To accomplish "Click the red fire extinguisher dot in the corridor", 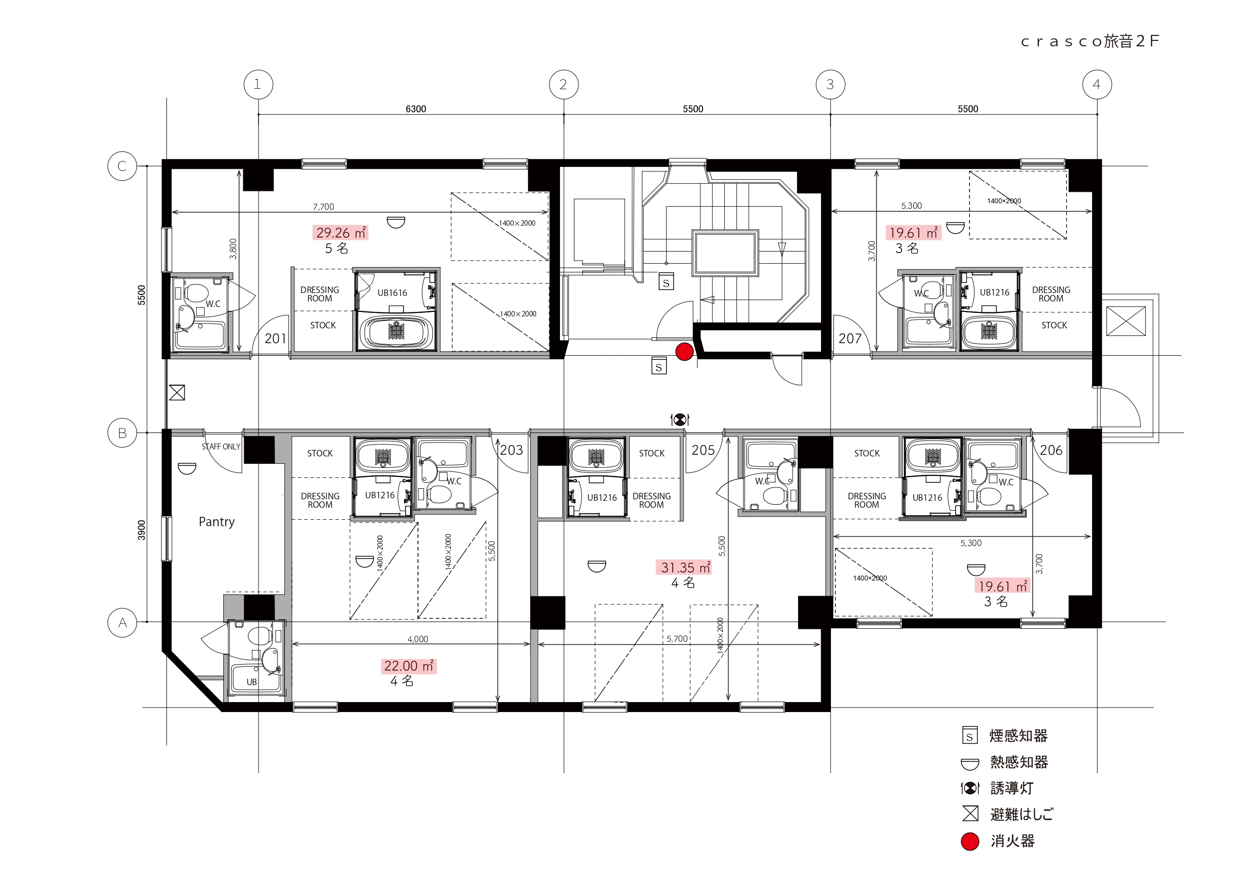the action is pyautogui.click(x=684, y=352).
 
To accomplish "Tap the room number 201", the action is pyautogui.click(x=275, y=339).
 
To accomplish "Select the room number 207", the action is pyautogui.click(x=850, y=339).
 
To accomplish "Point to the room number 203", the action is pyautogui.click(x=512, y=450).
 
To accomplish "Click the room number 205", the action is pyautogui.click(x=703, y=450).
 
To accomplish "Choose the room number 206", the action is pyautogui.click(x=1051, y=450).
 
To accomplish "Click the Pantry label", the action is pyautogui.click(x=216, y=522).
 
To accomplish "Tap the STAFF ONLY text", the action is pyautogui.click(x=221, y=447).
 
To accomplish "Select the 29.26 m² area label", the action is pyautogui.click(x=340, y=233).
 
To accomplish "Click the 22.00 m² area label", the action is pyautogui.click(x=409, y=666).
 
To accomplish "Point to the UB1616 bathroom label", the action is pyautogui.click(x=392, y=293).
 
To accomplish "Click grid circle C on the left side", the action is pyautogui.click(x=122, y=166).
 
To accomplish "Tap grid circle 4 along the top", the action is pyautogui.click(x=1097, y=85).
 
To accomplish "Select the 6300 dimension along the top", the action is pyautogui.click(x=415, y=109).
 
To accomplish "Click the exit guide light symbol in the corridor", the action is pyautogui.click(x=680, y=419).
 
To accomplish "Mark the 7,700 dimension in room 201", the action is pyautogui.click(x=323, y=207).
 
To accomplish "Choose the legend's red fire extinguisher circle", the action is pyautogui.click(x=970, y=842).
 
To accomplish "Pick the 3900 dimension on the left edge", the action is pyautogui.click(x=141, y=530).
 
